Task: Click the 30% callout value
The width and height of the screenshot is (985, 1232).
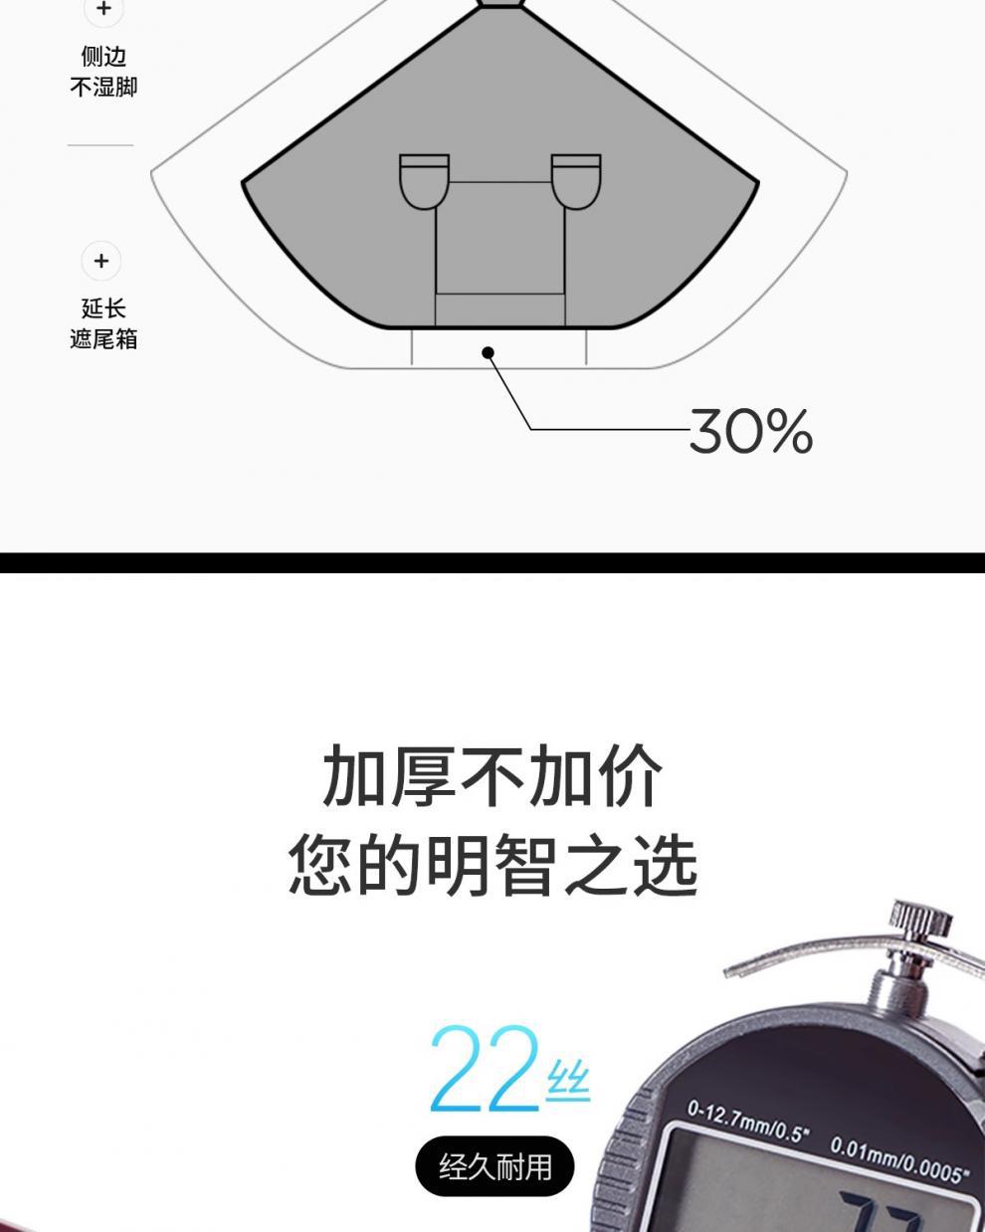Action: tap(750, 431)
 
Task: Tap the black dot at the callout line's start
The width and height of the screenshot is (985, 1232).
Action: tap(488, 352)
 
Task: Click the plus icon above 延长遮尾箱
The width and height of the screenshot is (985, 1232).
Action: tap(100, 261)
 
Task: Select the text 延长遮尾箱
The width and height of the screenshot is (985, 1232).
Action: tap(103, 324)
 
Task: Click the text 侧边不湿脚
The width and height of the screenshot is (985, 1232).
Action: tap(103, 72)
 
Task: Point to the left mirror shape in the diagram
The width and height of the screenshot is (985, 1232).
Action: tap(424, 181)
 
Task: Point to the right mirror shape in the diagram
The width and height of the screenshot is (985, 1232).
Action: tap(576, 181)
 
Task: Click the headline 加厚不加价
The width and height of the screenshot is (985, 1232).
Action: tap(492, 776)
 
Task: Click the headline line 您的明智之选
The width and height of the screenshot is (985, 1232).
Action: tap(492, 864)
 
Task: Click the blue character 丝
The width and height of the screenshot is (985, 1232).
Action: tap(568, 1082)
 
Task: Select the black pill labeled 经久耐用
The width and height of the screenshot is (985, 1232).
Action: tap(494, 1165)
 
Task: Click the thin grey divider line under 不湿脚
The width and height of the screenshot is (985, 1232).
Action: tap(100, 145)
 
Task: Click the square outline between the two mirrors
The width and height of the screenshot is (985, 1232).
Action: tap(499, 239)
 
